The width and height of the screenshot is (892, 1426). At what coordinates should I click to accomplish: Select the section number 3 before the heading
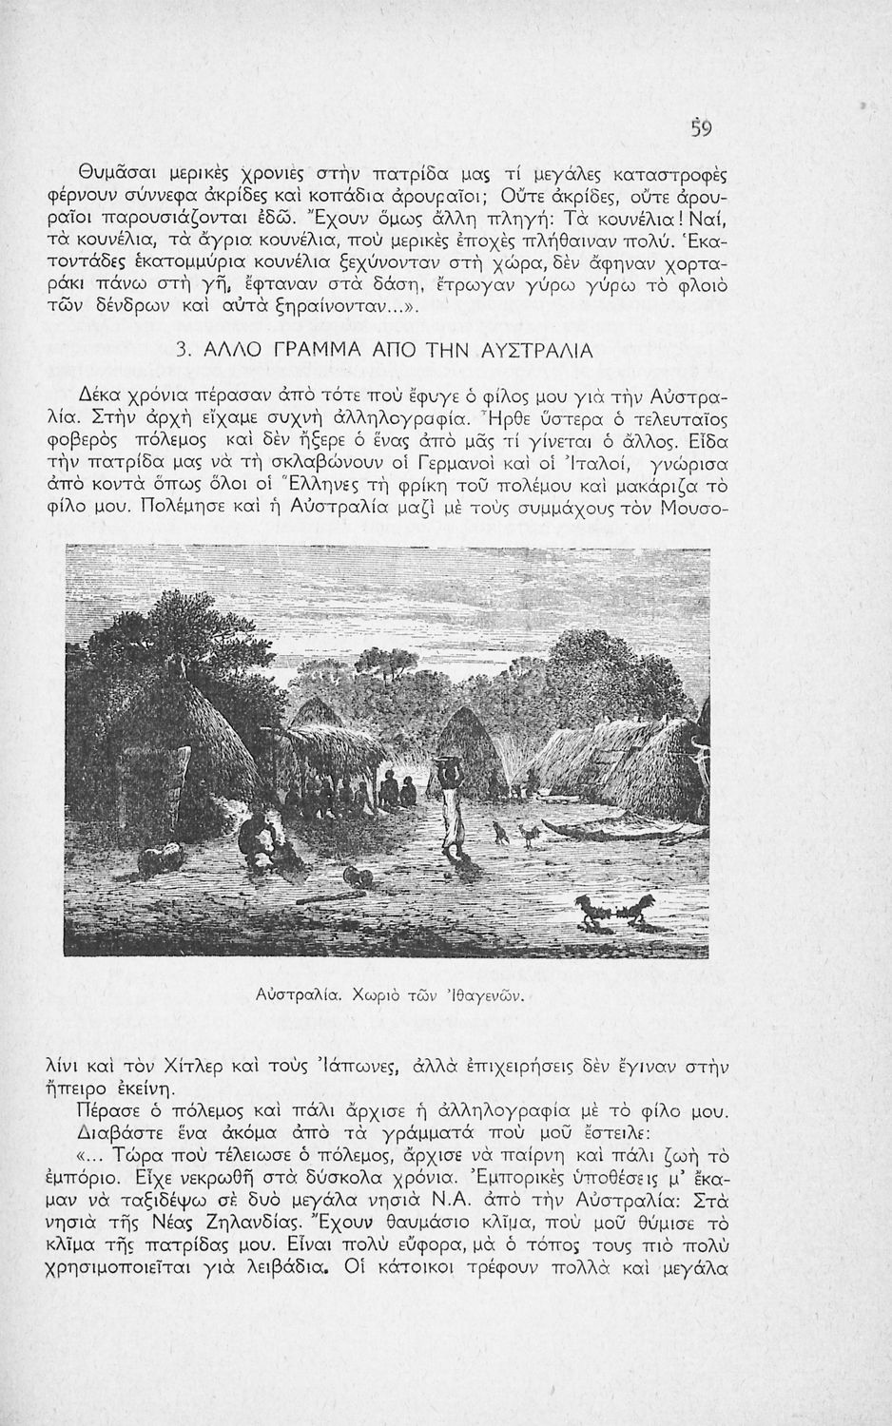click(182, 352)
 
